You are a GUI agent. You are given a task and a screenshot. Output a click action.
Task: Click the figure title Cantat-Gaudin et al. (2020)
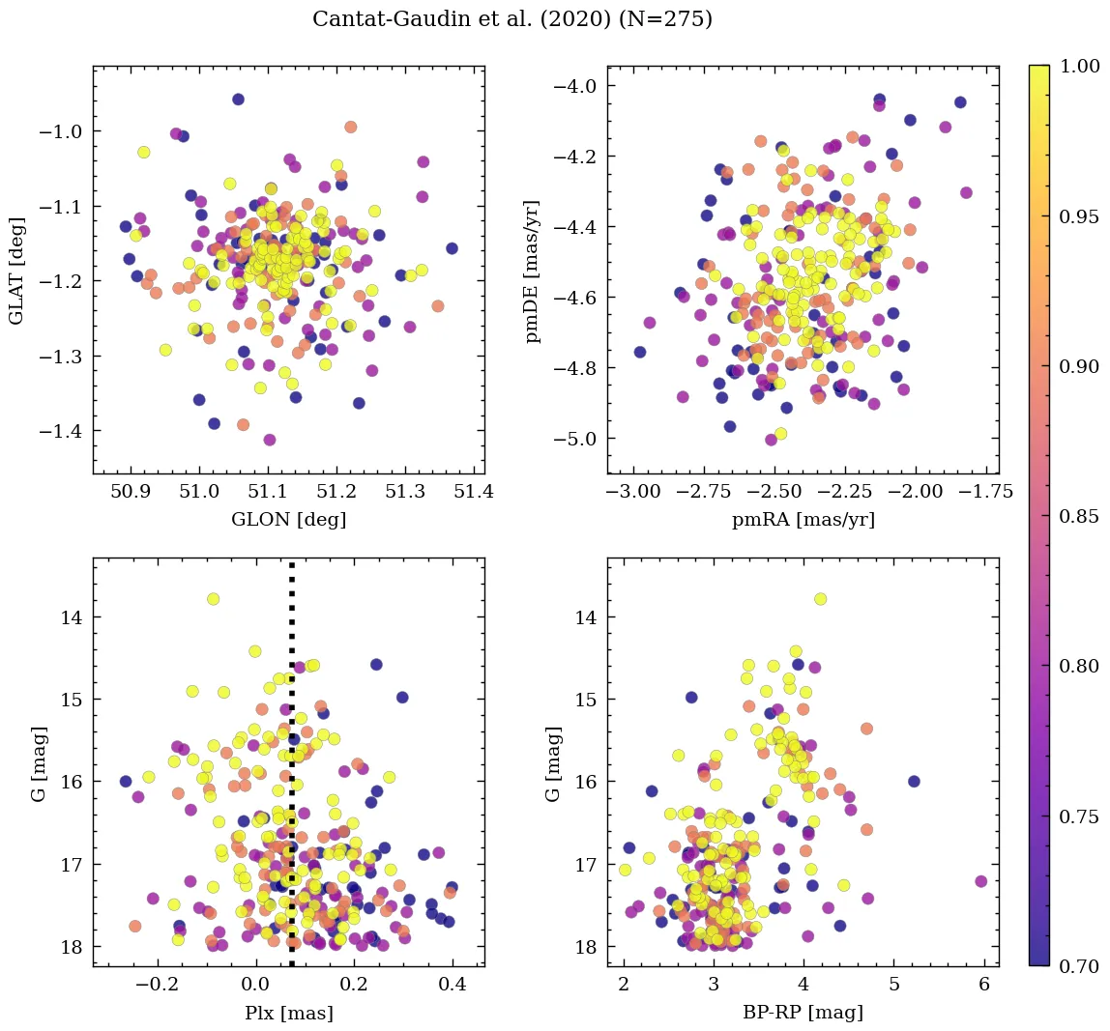(512, 19)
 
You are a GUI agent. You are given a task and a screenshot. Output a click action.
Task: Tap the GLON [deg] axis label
(288, 520)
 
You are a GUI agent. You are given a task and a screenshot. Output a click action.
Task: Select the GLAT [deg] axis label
(17, 271)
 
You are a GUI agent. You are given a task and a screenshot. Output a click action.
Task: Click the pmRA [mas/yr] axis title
(803, 520)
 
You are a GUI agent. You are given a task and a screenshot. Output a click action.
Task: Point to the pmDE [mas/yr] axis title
(532, 271)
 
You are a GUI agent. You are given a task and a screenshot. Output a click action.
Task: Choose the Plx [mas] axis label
(288, 1013)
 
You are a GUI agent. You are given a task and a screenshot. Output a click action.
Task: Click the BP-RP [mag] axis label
(803, 1013)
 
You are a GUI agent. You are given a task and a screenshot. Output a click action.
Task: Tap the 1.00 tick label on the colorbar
(1079, 66)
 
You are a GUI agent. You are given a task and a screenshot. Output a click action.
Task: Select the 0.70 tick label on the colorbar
(1079, 965)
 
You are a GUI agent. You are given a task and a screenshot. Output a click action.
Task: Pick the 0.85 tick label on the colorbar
(1079, 516)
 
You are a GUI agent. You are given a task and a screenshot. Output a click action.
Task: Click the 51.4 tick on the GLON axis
(474, 491)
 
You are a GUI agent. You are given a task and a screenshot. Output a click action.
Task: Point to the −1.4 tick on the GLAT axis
(64, 430)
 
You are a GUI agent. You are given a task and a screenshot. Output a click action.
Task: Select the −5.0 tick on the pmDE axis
(578, 439)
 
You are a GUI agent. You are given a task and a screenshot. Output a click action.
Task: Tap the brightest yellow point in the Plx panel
(213, 599)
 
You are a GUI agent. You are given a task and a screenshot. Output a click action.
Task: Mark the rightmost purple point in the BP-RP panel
(981, 881)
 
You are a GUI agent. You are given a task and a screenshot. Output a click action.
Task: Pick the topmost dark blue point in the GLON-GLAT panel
(238, 100)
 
